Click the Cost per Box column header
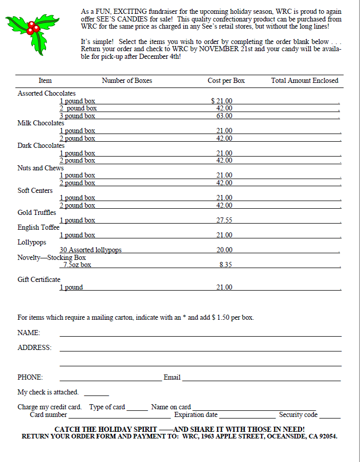click(226, 81)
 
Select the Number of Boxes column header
click(126, 81)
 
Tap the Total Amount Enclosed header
click(304, 81)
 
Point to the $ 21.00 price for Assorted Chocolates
click(221, 101)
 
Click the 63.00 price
click(224, 116)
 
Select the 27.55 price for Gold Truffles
click(224, 221)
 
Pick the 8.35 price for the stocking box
click(225, 265)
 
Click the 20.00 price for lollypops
click(224, 250)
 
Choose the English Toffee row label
click(38, 228)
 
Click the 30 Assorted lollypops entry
click(90, 250)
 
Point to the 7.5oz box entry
click(77, 265)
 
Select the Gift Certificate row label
click(39, 280)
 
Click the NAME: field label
click(29, 333)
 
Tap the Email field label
click(172, 378)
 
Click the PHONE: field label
click(30, 378)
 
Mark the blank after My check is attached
click(96, 393)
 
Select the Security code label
click(298, 415)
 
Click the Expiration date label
click(196, 415)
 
